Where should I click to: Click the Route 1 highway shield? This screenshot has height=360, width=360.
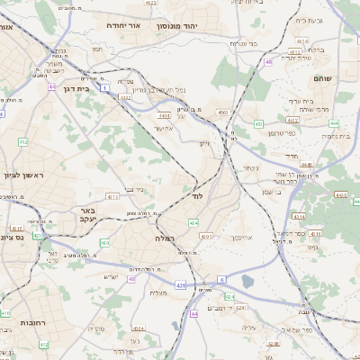(104, 88)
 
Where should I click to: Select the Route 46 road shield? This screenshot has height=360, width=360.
(268, 62)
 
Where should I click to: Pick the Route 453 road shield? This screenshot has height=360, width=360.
(257, 124)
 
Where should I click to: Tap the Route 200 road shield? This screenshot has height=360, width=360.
(104, 242)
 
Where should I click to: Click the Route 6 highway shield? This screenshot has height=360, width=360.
(220, 280)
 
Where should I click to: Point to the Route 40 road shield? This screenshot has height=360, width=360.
(131, 280)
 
